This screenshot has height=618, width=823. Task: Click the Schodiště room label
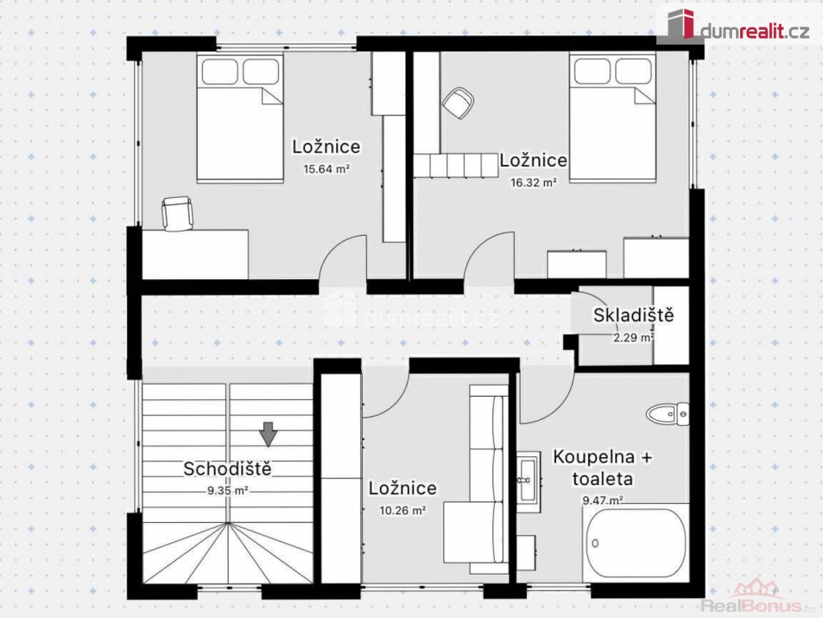tap(227, 468)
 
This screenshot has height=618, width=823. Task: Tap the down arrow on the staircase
tap(268, 435)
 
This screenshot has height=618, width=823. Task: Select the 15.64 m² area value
tap(326, 169)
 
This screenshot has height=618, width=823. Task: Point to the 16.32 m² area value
tap(533, 183)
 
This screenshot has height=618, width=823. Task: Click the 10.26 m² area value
tap(402, 510)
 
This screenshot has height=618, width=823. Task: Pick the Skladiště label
tap(633, 315)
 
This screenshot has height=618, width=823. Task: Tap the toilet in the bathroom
tap(668, 414)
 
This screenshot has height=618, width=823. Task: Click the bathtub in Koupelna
tap(636, 543)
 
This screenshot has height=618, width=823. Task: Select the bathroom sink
tap(528, 480)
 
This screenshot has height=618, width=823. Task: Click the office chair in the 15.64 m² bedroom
tap(177, 213)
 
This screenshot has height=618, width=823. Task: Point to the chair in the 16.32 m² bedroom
tap(459, 102)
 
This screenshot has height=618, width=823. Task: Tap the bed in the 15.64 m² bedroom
tap(241, 118)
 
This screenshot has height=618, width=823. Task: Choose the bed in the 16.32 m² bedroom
tap(612, 117)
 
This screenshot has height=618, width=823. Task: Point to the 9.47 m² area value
tap(603, 501)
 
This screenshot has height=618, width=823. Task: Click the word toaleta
tap(603, 479)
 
